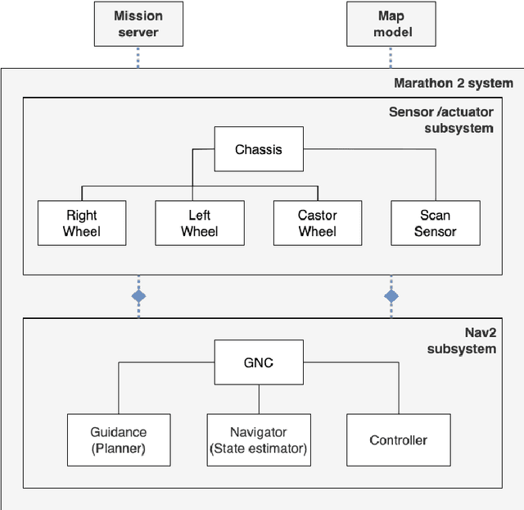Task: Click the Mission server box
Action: click(138, 24)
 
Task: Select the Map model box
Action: click(391, 24)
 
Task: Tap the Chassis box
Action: click(258, 149)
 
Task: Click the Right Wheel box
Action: click(82, 223)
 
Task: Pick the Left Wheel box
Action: click(199, 223)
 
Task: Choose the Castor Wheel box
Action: click(317, 223)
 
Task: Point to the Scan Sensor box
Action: click(435, 223)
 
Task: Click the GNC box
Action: click(259, 362)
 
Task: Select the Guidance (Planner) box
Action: click(119, 439)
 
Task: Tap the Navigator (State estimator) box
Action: click(259, 439)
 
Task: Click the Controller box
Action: click(399, 439)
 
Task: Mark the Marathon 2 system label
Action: click(453, 83)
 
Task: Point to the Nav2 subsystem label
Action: click(463, 340)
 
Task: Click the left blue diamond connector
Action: click(138, 295)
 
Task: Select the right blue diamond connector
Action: click(391, 295)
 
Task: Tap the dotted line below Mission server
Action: click(138, 57)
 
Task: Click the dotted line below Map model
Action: click(391, 57)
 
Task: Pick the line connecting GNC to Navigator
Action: click(259, 398)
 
